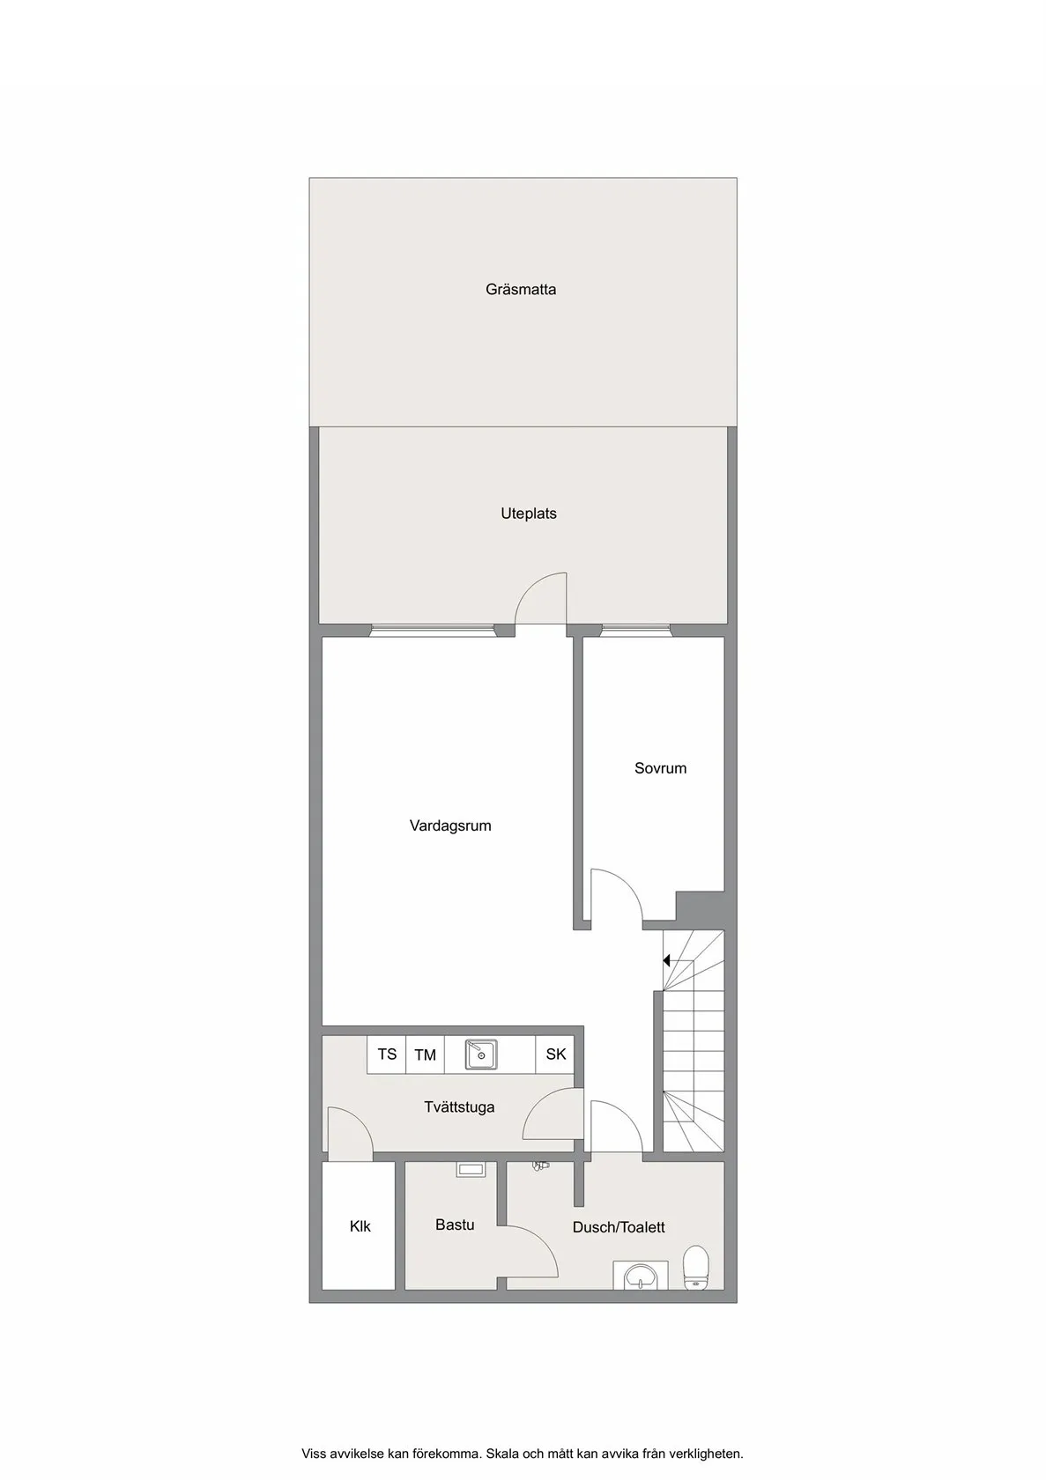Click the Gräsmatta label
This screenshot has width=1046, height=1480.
(521, 289)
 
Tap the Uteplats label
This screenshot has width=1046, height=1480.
(529, 514)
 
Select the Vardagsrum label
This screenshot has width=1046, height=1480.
(450, 825)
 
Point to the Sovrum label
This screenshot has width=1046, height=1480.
(660, 768)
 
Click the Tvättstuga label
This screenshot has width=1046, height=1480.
(459, 1106)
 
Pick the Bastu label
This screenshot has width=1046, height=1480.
(455, 1225)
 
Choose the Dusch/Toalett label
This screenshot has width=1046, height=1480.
(619, 1227)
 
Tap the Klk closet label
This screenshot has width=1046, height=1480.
(360, 1226)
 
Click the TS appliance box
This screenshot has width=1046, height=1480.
(387, 1054)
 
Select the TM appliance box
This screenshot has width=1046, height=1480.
(425, 1054)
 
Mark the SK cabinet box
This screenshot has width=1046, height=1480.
(555, 1054)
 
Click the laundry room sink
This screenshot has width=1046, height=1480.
(481, 1054)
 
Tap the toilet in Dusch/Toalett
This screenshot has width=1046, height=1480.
(695, 1268)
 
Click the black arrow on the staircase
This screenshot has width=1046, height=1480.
(667, 960)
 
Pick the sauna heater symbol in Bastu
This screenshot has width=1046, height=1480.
(471, 1170)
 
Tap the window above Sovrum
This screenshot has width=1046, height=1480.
(636, 631)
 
